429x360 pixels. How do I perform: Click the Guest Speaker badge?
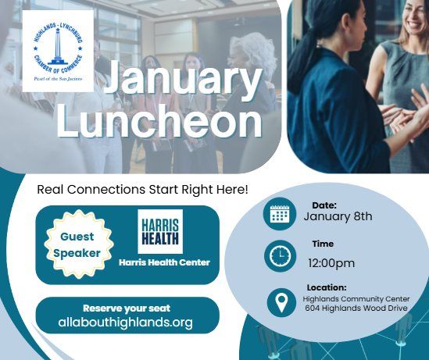(76, 244)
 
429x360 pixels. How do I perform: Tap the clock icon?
(279, 256)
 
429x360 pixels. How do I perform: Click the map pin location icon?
(281, 302)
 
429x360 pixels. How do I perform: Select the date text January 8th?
(338, 216)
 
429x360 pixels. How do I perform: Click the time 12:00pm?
(331, 262)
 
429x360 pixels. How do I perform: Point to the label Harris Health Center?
(164, 262)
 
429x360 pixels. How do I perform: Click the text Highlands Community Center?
(356, 298)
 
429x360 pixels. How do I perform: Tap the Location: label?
(327, 287)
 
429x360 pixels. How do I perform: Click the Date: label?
(324, 205)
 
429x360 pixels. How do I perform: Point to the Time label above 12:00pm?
(323, 244)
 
